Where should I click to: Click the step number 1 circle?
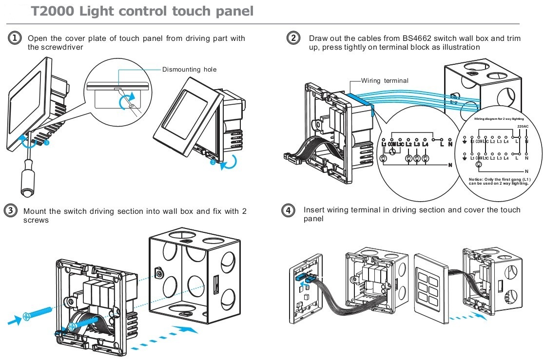pyautogui.click(x=15, y=38)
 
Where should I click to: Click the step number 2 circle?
pyautogui.click(x=293, y=38)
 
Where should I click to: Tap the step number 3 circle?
pyautogui.click(x=10, y=210)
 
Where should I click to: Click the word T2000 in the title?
pyautogui.click(x=54, y=11)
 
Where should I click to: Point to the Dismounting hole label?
pyautogui.click(x=189, y=70)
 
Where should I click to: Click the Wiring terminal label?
pyautogui.click(x=385, y=80)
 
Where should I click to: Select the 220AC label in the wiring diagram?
pyautogui.click(x=523, y=126)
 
